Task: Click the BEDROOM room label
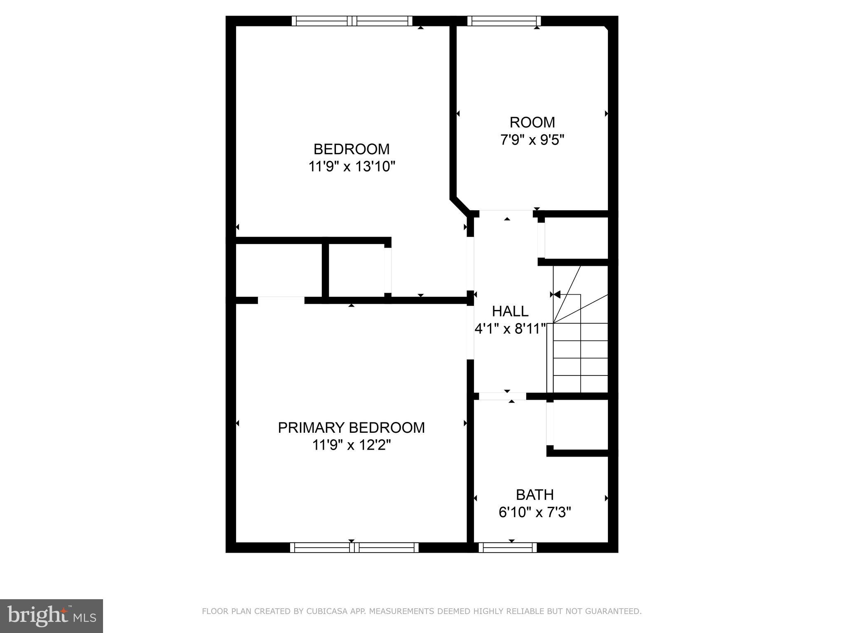[x=352, y=149]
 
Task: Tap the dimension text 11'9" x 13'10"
[x=352, y=167]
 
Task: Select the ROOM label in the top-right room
[x=532, y=122]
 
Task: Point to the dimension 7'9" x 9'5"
[x=532, y=140]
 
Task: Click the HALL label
[x=510, y=311]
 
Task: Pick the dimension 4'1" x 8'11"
[x=510, y=329]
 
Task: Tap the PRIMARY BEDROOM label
[x=351, y=428]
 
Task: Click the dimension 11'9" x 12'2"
[x=351, y=445]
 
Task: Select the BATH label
[x=535, y=495]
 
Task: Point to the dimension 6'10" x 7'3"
[x=535, y=512]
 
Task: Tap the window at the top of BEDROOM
[x=352, y=21]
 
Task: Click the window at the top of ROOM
[x=504, y=21]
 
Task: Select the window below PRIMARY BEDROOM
[x=354, y=547]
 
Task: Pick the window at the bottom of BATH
[x=508, y=547]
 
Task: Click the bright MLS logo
[x=51, y=616]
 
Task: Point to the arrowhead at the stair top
[x=557, y=295]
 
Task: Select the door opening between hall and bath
[x=502, y=396]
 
